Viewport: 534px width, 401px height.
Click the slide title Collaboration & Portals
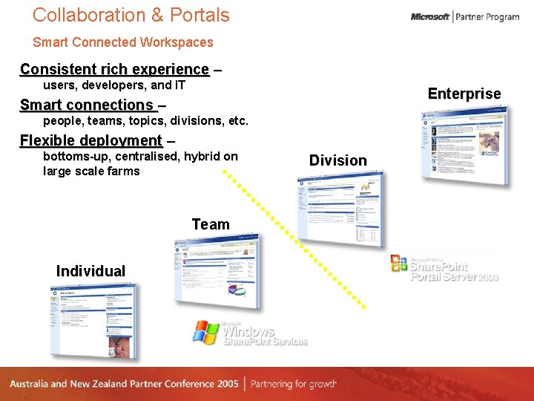(131, 15)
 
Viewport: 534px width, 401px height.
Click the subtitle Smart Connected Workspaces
(123, 42)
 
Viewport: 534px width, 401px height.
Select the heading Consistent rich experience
(115, 69)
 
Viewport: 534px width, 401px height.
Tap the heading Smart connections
(87, 105)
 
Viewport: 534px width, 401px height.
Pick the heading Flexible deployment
(91, 140)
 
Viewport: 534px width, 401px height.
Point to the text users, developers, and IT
(114, 85)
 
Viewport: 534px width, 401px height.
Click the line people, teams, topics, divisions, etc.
(145, 120)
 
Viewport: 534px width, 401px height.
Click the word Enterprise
(464, 94)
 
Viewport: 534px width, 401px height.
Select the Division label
(338, 160)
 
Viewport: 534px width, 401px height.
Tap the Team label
(211, 224)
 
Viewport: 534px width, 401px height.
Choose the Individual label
(90, 271)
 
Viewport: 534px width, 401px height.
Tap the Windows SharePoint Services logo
(250, 333)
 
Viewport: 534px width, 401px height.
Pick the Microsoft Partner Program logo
(465, 17)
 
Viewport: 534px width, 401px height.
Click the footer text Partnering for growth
(294, 384)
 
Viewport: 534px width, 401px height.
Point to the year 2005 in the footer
(227, 384)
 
